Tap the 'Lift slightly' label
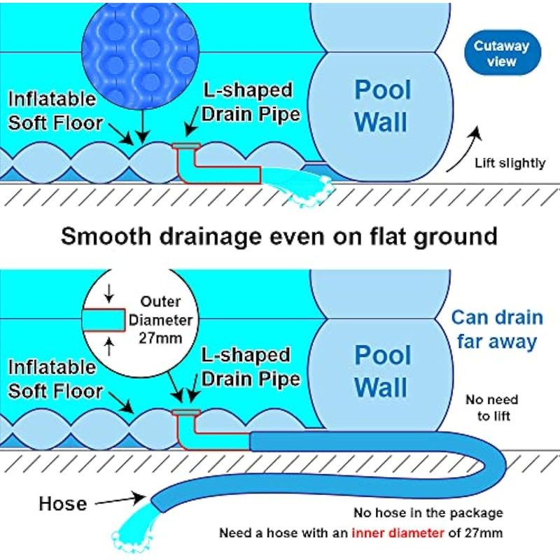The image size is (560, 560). (510, 163)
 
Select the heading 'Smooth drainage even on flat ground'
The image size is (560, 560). (279, 235)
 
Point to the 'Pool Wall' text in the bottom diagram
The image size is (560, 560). (381, 371)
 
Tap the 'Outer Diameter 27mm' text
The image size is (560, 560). (161, 319)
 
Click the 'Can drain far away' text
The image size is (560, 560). (496, 329)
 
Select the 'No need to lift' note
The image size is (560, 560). (492, 408)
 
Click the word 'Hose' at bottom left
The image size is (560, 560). (63, 503)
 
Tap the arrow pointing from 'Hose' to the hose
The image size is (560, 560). (121, 500)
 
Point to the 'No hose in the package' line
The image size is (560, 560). (428, 513)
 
